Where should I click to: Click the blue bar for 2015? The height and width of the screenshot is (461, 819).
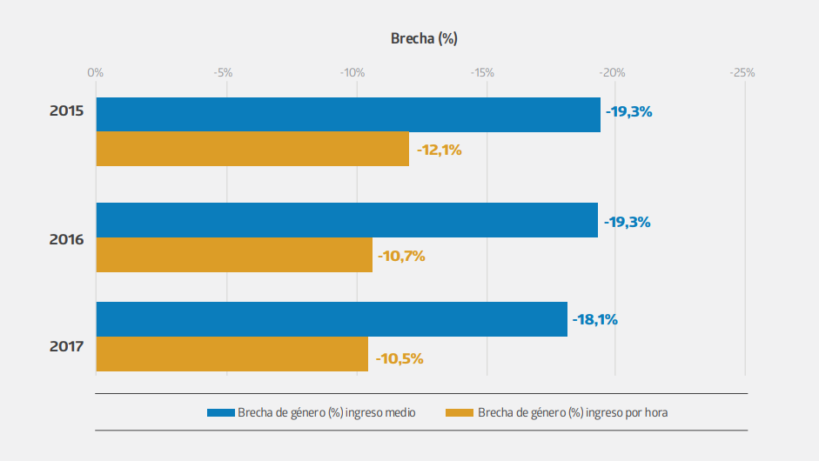pyautogui.click(x=348, y=115)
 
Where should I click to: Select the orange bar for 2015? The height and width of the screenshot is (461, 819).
pyautogui.click(x=252, y=149)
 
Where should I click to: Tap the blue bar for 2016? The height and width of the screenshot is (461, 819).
pyautogui.click(x=346, y=220)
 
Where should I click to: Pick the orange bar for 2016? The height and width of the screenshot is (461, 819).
pyautogui.click(x=234, y=255)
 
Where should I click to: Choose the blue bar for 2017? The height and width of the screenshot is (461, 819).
pyautogui.click(x=332, y=319)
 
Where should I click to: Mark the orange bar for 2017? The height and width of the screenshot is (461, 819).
pyautogui.click(x=232, y=354)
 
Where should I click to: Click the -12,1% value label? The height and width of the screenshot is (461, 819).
pyautogui.click(x=440, y=150)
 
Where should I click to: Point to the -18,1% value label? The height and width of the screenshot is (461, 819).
pyautogui.click(x=594, y=319)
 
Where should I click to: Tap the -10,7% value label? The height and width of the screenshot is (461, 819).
pyautogui.click(x=401, y=256)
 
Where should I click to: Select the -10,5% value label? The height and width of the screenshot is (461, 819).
pyautogui.click(x=399, y=358)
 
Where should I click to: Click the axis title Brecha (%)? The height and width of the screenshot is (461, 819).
pyautogui.click(x=424, y=38)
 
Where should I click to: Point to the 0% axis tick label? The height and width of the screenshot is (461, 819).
pyautogui.click(x=96, y=72)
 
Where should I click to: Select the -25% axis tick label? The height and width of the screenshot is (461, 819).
pyautogui.click(x=742, y=72)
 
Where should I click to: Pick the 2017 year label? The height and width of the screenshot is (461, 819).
pyautogui.click(x=66, y=346)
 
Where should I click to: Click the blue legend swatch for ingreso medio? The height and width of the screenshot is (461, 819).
pyautogui.click(x=221, y=412)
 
